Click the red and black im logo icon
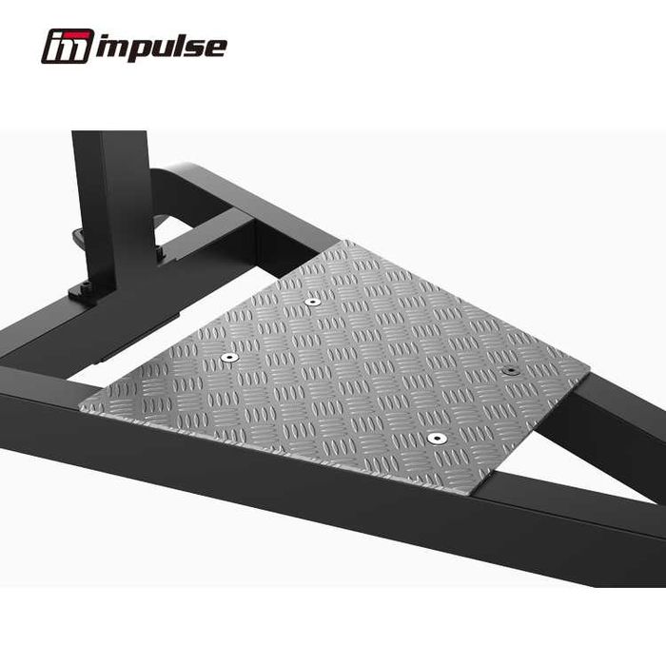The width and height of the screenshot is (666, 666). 67,46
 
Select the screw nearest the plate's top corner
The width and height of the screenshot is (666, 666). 313,302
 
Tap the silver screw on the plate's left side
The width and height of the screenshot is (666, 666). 228,358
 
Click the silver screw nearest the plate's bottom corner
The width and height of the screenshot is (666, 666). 436,439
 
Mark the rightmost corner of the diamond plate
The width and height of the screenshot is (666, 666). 589,365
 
